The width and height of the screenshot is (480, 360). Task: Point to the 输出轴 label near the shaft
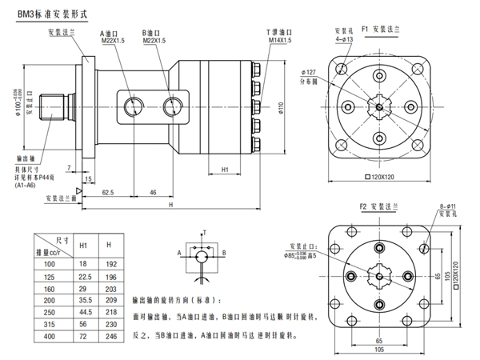[25, 159]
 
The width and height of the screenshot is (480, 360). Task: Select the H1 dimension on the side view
[225, 170]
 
